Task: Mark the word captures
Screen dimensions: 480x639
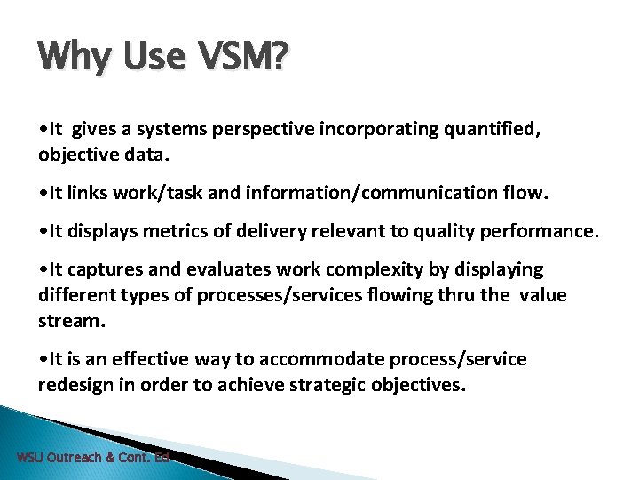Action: [x=101, y=269]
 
